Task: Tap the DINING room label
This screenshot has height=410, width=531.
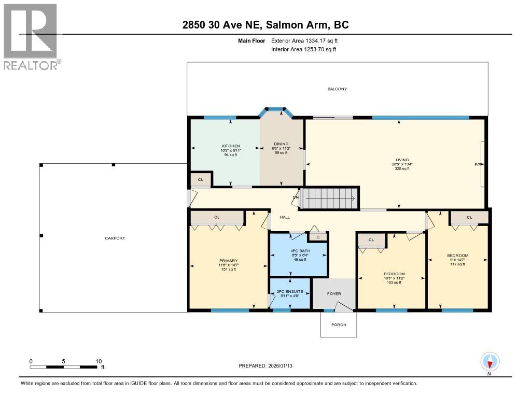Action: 281,144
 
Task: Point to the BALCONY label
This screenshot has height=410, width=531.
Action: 337,89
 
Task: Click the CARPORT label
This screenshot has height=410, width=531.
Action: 115,238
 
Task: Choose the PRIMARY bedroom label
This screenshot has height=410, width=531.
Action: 228,261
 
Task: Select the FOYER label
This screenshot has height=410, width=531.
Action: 334,294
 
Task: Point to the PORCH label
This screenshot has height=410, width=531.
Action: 338,325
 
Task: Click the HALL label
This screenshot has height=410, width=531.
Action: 285,218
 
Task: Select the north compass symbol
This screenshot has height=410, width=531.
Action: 490,361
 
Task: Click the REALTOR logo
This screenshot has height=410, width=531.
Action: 31,36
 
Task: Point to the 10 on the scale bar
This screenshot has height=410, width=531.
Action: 99,361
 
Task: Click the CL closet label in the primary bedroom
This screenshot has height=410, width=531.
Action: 217,217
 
